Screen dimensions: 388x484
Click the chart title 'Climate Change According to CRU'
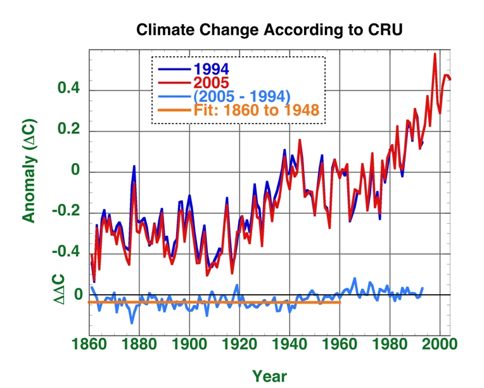[270, 30]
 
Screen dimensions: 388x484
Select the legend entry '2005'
[212, 82]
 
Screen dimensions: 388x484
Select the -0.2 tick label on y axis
[66, 213]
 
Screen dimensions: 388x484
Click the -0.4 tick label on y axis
[66, 254]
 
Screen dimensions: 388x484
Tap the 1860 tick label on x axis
[89, 345]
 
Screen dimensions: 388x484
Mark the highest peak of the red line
[435, 54]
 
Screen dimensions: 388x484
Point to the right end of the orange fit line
[340, 302]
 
